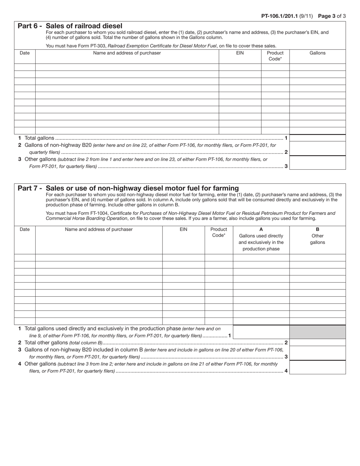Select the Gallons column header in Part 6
[x=317, y=53]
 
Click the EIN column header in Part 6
[x=240, y=53]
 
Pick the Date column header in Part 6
[x=25, y=53]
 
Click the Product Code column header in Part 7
[x=219, y=232]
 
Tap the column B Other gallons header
[x=317, y=236]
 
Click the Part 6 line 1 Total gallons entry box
[x=317, y=138]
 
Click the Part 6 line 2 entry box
[x=317, y=149]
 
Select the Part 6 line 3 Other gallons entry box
[x=317, y=163]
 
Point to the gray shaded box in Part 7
[x=317, y=332]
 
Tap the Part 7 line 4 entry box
[x=317, y=367]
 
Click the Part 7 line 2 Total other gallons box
[x=317, y=342]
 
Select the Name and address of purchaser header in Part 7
[x=99, y=229]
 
